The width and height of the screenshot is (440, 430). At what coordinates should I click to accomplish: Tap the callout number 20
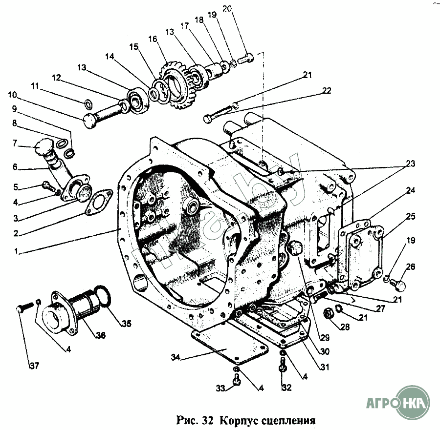241,8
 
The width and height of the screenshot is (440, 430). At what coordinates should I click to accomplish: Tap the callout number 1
16,252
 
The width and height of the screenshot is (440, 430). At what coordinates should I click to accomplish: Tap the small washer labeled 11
88,103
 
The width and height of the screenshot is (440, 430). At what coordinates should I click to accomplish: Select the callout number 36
101,335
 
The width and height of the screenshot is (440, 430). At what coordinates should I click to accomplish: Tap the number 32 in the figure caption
206,419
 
